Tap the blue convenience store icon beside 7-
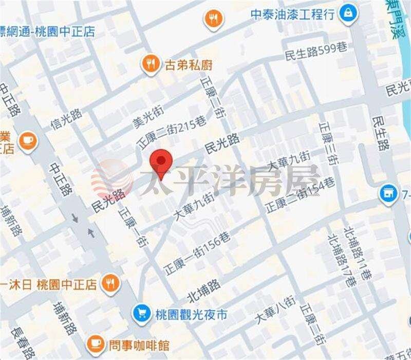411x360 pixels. [x=386, y=193]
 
